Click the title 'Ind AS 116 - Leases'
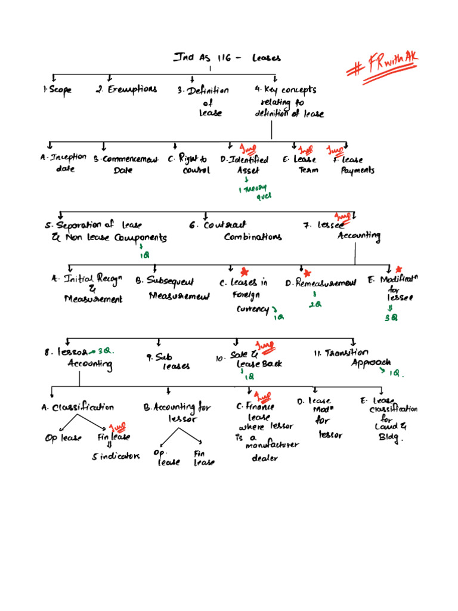[x=227, y=58]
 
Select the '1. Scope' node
[x=57, y=90]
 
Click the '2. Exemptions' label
[x=126, y=90]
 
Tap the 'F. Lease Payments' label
[x=354, y=165]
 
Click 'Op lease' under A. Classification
[x=63, y=439]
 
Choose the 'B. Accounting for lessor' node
[x=169, y=412]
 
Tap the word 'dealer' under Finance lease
[x=265, y=458]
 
